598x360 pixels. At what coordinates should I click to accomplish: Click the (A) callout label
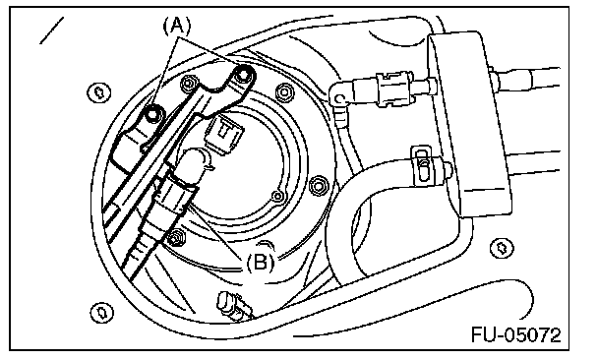pos(177,27)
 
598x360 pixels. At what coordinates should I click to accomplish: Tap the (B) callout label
pos(261,263)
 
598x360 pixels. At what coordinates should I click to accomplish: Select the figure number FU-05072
pos(516,335)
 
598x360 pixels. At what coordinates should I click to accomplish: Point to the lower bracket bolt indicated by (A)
pos(152,113)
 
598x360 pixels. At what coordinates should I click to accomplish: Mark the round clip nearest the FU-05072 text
pos(502,248)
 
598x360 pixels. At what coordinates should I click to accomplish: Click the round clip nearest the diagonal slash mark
pos(99,92)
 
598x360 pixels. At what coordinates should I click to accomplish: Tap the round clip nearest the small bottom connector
pos(102,313)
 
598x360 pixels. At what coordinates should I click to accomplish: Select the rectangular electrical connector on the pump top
pos(224,134)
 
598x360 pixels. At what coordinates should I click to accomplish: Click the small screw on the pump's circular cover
pos(278,196)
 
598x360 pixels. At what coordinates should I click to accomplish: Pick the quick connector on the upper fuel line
pos(394,88)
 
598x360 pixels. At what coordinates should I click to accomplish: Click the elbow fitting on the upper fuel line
pos(339,98)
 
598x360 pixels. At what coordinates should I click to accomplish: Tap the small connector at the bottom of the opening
pos(234,306)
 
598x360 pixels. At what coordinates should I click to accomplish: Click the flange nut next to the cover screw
pos(319,186)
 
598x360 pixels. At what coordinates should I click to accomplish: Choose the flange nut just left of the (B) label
pos(176,238)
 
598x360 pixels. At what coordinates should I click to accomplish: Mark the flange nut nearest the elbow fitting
pos(284,91)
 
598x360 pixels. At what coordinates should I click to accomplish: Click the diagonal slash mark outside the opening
pos(51,30)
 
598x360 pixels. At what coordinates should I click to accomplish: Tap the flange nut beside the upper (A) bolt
pos(190,83)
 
